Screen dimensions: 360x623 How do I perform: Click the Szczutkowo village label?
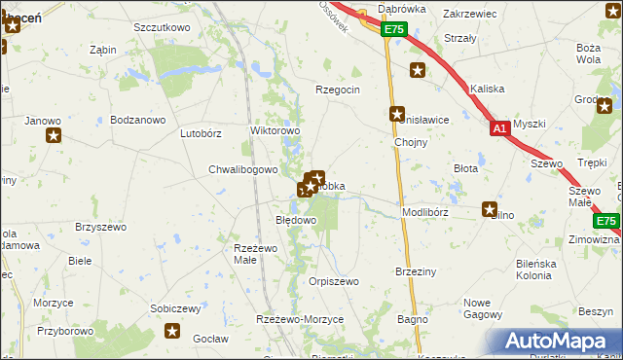162,27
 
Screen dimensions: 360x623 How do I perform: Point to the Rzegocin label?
338,90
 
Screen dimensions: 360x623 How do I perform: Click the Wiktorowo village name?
275,129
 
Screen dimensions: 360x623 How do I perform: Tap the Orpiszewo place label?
334,281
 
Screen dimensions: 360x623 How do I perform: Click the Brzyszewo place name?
101,227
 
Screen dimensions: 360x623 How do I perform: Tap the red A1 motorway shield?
499,128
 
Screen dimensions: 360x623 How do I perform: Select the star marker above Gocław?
173,332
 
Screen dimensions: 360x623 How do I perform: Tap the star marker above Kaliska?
418,70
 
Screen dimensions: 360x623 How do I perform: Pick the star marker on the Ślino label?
491,209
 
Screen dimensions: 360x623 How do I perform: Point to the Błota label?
466,168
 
